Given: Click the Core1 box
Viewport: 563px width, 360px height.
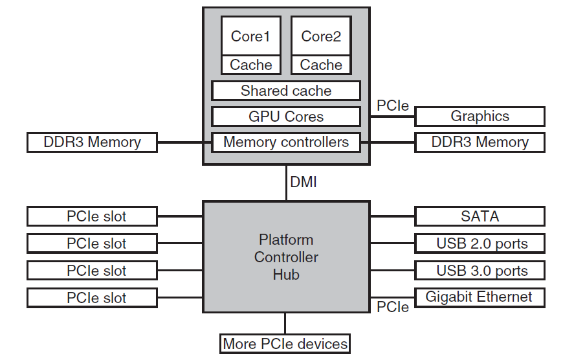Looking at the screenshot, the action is click(x=250, y=36).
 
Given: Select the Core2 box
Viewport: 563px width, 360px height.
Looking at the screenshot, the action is click(x=321, y=36).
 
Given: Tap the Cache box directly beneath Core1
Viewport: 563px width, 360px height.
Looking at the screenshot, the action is click(x=250, y=65).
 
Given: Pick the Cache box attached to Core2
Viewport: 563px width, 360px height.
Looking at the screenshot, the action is click(x=321, y=65).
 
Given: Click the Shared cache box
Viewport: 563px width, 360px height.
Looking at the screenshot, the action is click(x=286, y=91).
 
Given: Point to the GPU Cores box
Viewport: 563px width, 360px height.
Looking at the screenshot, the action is click(x=286, y=117).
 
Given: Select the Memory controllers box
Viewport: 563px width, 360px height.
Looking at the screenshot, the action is click(x=286, y=142).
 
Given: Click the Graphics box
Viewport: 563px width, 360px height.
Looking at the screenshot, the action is click(x=480, y=117).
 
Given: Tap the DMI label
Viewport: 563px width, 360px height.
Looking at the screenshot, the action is click(x=304, y=182).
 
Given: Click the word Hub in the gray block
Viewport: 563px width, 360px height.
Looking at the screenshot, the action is click(x=286, y=275).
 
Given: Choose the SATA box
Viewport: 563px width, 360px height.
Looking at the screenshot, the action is click(x=480, y=216).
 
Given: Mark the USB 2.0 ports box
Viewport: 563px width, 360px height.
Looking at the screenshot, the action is click(x=480, y=243).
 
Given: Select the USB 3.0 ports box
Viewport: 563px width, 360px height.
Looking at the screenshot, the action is click(x=480, y=271).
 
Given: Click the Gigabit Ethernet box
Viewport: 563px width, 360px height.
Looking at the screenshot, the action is click(x=480, y=297).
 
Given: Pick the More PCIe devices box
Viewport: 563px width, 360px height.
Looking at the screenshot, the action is click(x=285, y=344).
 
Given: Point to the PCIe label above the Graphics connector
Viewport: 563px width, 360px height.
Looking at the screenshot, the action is click(x=392, y=106).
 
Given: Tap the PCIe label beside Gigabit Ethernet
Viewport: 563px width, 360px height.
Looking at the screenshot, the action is click(x=392, y=307).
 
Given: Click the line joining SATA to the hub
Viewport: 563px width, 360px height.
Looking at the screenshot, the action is click(x=392, y=216).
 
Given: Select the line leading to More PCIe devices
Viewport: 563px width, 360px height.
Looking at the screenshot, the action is click(x=285, y=324).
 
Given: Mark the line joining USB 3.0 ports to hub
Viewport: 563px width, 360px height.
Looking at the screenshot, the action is click(x=392, y=270).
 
